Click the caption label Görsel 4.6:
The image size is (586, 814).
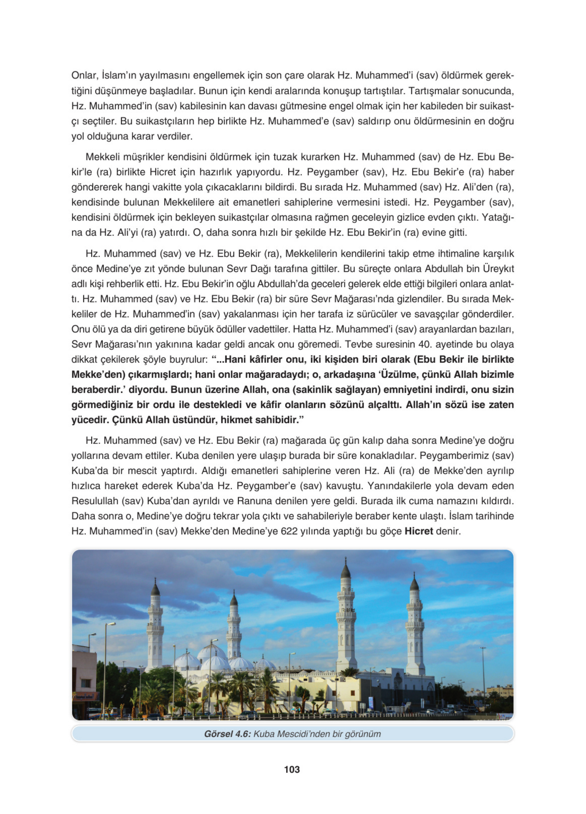[x=227, y=734]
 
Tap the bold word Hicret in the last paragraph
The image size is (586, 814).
[x=418, y=531]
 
